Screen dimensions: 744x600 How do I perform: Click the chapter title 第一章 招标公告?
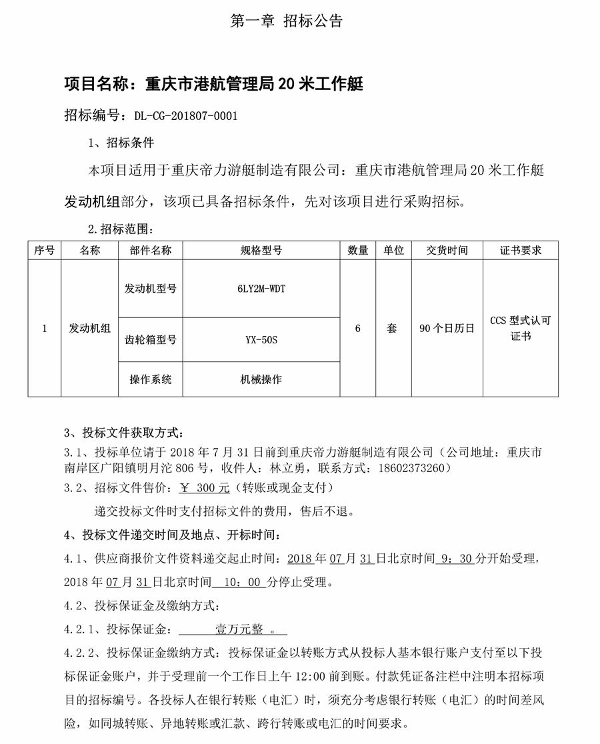point(286,21)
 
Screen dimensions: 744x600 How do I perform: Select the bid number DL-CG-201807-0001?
point(185,115)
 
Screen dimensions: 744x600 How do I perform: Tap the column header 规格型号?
point(261,251)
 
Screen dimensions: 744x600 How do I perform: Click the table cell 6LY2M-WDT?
point(261,289)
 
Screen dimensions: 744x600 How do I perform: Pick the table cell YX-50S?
point(261,339)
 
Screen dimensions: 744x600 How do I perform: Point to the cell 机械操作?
point(261,379)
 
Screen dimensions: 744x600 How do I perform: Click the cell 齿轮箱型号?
point(150,339)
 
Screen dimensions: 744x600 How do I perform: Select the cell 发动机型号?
point(150,289)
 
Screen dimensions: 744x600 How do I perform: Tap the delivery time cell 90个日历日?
point(447,328)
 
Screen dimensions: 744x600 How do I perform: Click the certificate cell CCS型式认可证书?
point(520,328)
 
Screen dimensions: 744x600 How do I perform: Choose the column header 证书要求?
point(520,251)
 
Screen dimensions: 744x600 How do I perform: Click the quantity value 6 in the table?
point(358,328)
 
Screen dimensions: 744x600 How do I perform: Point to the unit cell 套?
point(392,328)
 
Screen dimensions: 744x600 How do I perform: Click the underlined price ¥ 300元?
point(205,488)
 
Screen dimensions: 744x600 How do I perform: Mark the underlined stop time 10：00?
point(239,582)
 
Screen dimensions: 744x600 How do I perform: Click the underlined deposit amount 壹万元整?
point(239,629)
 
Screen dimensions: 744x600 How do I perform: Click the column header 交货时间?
point(447,251)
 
